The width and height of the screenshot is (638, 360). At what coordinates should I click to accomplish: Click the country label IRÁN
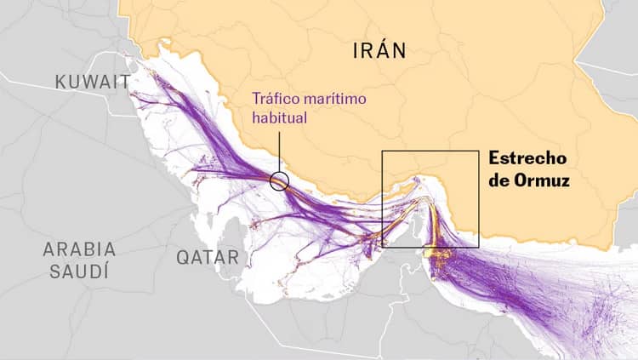pyautogui.click(x=379, y=52)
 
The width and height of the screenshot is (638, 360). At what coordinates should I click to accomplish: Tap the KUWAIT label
pyautogui.click(x=92, y=82)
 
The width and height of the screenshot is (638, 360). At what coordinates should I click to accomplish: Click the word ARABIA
pyautogui.click(x=79, y=249)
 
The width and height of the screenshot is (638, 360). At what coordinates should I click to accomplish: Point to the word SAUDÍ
pyautogui.click(x=79, y=272)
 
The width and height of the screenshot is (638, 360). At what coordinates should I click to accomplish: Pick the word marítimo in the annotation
pyautogui.click(x=337, y=98)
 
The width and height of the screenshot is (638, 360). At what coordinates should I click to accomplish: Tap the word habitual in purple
pyautogui.click(x=278, y=117)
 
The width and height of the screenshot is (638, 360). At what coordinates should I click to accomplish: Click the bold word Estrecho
pyautogui.click(x=527, y=159)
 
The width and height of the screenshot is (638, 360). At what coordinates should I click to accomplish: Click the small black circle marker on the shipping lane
pyautogui.click(x=279, y=180)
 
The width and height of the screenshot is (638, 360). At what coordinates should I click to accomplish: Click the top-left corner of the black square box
pyautogui.click(x=383, y=151)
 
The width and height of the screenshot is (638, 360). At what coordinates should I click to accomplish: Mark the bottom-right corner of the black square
pyautogui.click(x=479, y=247)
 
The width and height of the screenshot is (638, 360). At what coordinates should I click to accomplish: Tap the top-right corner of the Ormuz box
pyautogui.click(x=479, y=151)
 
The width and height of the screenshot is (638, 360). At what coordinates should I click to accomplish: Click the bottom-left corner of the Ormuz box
pyautogui.click(x=383, y=247)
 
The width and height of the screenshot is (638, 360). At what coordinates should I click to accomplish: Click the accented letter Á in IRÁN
pyautogui.click(x=388, y=51)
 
